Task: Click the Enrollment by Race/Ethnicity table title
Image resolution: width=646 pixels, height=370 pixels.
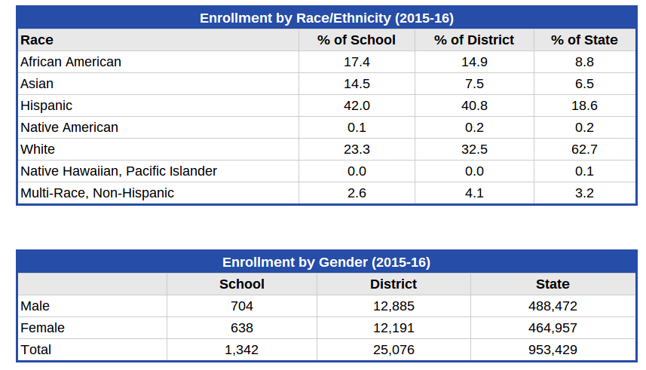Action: click(326, 18)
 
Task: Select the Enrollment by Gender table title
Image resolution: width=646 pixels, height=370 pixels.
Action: click(326, 262)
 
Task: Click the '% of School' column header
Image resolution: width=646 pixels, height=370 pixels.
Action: click(357, 40)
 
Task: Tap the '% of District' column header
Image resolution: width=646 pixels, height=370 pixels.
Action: click(474, 40)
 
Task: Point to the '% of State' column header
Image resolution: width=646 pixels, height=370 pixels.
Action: click(584, 40)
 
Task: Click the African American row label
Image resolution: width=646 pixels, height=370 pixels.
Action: click(71, 62)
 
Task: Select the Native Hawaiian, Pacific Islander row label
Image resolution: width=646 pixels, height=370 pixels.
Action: click(118, 171)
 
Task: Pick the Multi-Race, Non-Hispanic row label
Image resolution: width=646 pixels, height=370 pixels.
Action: click(97, 193)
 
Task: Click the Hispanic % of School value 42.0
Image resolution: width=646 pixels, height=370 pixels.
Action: click(357, 105)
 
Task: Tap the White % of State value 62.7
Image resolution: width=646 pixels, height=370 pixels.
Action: click(584, 149)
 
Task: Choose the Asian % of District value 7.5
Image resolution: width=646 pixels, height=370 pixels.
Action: click(474, 84)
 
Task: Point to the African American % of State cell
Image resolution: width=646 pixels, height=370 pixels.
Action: click(584, 62)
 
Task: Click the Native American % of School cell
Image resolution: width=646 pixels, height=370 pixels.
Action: click(357, 127)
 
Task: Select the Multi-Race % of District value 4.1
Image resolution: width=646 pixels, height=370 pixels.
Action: click(474, 193)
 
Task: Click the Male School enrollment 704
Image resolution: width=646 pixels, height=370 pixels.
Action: click(242, 306)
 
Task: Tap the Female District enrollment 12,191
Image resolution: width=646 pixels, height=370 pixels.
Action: click(394, 328)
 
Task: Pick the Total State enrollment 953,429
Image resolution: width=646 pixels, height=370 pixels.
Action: click(553, 350)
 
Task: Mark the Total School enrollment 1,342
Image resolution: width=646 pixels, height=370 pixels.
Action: click(242, 350)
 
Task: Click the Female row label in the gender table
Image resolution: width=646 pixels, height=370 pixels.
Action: click(42, 328)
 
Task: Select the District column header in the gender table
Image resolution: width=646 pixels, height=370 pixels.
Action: click(393, 284)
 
